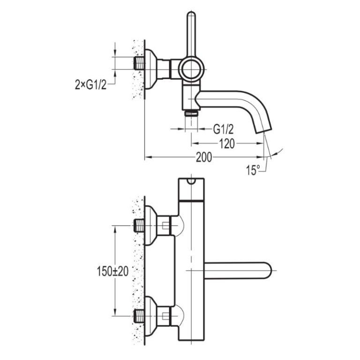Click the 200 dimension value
[x=203, y=157]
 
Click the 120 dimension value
[x=227, y=144]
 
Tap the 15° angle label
[x=253, y=170]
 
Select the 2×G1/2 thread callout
[x=90, y=85]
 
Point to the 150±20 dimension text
[x=112, y=271]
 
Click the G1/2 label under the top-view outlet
[x=223, y=129]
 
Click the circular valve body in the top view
[x=191, y=69]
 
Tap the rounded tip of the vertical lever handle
[x=191, y=14]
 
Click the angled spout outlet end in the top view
[x=264, y=131]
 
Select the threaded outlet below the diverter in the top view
[x=191, y=113]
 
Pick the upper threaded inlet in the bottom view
[x=139, y=225]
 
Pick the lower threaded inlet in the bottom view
[x=139, y=316]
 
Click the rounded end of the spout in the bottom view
[x=268, y=270]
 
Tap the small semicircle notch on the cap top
[x=191, y=181]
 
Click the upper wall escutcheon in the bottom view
[x=150, y=225]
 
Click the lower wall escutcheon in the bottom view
[x=150, y=316]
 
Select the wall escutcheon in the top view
[x=150, y=69]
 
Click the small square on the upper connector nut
[x=165, y=225]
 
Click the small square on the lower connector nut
[x=165, y=316]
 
